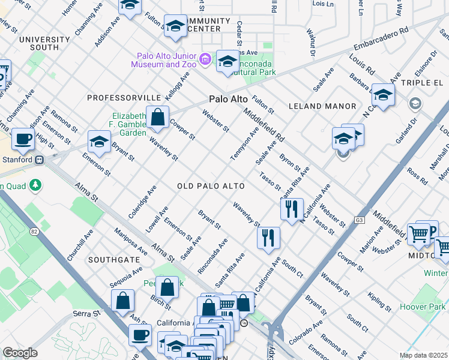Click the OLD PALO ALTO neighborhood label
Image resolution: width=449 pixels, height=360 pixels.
coord(211,187)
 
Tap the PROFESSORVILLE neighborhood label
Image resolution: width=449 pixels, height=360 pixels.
coord(124,97)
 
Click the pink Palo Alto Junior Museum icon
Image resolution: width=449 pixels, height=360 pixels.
coord(205,59)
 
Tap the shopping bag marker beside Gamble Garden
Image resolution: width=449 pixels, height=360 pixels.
coord(157,118)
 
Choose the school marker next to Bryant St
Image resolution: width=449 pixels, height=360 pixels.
coord(100,142)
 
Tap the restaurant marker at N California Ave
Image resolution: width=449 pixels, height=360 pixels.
coord(292,209)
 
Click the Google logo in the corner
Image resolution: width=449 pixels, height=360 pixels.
coord(20,353)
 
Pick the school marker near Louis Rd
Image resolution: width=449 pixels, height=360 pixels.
coord(382,95)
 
